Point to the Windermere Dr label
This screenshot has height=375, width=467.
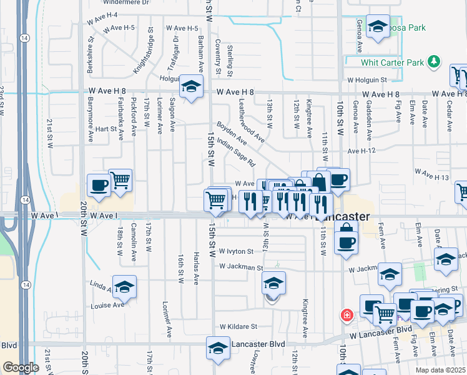(x=128, y=2)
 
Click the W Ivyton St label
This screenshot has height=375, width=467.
(x=232, y=252)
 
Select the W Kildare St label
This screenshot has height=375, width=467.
(x=238, y=326)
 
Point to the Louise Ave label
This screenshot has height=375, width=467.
(x=108, y=305)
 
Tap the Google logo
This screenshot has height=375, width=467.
(x=21, y=367)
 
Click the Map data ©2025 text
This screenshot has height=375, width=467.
(x=440, y=370)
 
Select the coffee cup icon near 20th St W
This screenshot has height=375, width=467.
(x=99, y=185)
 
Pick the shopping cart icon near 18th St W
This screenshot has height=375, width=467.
(x=120, y=180)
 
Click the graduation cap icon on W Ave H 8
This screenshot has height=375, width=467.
(x=191, y=87)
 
